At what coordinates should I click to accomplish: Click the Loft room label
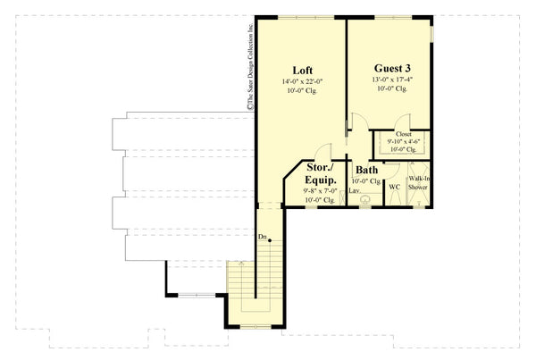point(301,70)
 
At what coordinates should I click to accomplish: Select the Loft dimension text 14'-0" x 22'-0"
point(301,82)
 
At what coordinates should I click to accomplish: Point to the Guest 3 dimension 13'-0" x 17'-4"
point(391,78)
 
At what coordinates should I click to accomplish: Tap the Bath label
point(366,170)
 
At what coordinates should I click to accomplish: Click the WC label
point(394,187)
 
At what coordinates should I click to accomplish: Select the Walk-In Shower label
point(418,182)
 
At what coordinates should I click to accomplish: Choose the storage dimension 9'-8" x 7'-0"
point(320,189)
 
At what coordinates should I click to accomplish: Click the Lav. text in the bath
point(354,190)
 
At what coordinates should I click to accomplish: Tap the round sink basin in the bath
point(364,201)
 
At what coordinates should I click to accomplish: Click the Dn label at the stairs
point(263,237)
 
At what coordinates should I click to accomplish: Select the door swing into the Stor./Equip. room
point(327,151)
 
